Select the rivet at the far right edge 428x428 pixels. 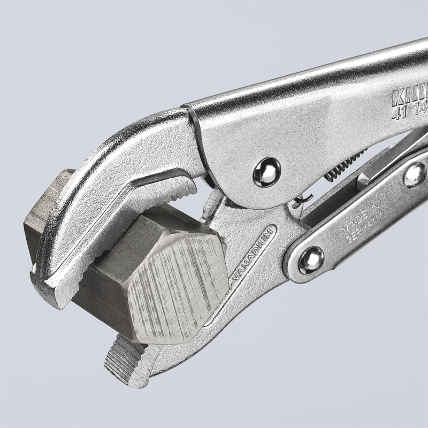tap(415, 175)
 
